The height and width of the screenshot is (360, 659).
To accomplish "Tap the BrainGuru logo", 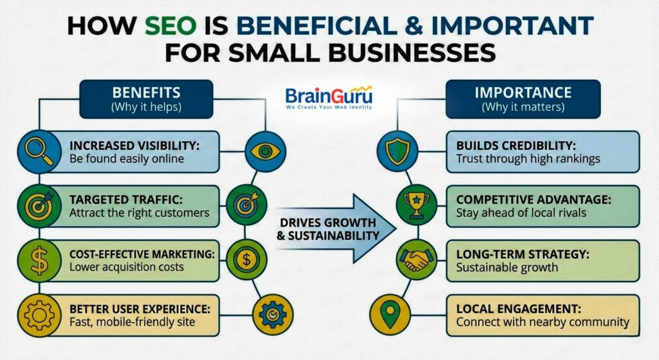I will point(329,99).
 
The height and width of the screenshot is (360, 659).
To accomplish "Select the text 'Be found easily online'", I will point(127,158).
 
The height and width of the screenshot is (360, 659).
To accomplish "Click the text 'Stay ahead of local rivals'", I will point(521,213).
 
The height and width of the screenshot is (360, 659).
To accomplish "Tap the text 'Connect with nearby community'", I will point(543,321).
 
